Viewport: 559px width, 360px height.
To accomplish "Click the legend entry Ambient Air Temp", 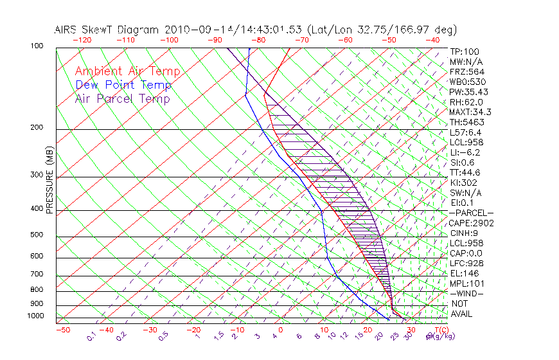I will point(127,71).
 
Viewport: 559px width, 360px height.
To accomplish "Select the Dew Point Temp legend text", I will point(123,85).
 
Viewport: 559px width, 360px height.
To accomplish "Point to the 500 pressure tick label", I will point(38,235).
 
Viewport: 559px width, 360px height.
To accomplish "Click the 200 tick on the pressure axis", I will point(38,128).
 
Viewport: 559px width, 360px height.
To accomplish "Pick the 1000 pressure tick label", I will point(36,316).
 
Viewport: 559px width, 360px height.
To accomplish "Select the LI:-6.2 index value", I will point(465,152).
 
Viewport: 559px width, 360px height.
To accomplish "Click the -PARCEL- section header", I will point(471,213).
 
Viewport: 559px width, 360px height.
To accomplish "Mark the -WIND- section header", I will point(466,293).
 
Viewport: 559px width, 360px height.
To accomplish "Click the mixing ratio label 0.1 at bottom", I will point(91,335).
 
